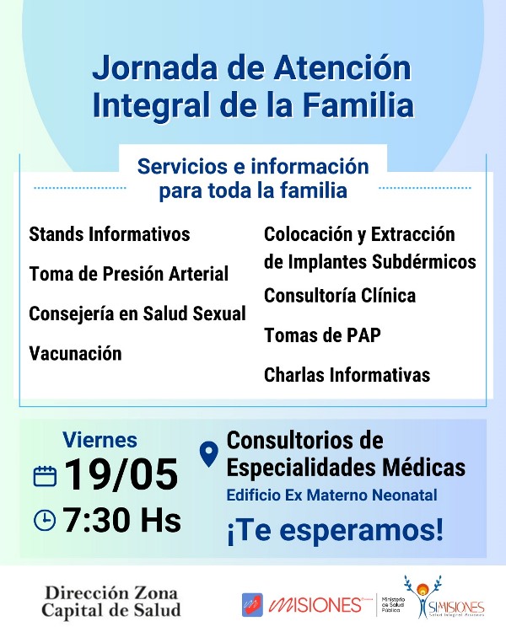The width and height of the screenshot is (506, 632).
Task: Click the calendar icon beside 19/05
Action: (45, 476)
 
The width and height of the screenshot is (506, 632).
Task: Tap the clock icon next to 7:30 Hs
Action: (45, 520)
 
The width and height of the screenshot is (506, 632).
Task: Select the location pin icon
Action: (209, 454)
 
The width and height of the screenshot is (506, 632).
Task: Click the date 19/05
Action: (121, 474)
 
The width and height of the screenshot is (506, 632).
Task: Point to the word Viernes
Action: (100, 440)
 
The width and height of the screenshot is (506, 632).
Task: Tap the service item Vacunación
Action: (75, 353)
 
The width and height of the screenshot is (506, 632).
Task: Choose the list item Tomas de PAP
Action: (322, 335)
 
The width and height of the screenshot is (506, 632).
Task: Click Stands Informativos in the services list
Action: (110, 234)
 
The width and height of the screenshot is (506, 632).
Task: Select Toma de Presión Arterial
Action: (129, 274)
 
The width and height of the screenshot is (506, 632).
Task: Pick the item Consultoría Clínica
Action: (340, 296)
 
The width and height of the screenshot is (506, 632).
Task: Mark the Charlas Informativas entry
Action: (347, 374)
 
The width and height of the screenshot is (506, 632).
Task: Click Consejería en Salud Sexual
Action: (137, 313)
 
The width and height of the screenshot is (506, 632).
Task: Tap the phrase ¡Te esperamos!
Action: (335, 530)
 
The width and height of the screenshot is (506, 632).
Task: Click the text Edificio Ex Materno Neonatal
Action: (331, 495)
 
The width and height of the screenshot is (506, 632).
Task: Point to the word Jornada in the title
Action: (155, 67)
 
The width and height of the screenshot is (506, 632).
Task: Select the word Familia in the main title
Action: (358, 104)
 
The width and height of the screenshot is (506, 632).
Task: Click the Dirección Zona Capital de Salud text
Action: (111, 602)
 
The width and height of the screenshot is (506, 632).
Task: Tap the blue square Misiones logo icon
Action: (253, 604)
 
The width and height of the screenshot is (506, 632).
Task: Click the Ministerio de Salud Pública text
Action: (393, 605)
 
